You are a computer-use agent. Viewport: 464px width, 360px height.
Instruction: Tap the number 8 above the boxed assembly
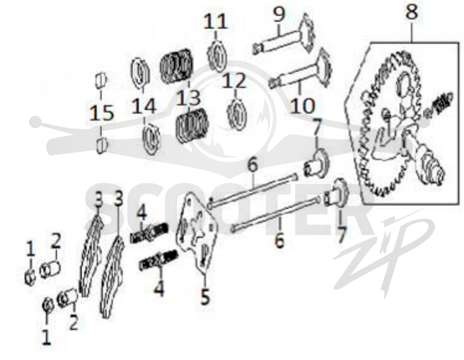(x=412, y=12)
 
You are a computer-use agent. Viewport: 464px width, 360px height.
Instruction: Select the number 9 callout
(x=278, y=15)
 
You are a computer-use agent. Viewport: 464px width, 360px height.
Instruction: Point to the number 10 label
(x=302, y=106)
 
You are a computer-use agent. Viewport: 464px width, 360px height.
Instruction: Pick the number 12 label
(x=234, y=81)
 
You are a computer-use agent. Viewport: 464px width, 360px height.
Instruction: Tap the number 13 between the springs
(x=188, y=97)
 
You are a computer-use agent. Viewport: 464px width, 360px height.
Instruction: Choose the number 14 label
(x=144, y=106)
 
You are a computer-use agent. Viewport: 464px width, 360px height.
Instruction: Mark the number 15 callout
(x=102, y=113)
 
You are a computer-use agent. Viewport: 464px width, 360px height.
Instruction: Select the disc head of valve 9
(x=306, y=32)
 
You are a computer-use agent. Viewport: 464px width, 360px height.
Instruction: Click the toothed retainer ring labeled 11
(x=217, y=56)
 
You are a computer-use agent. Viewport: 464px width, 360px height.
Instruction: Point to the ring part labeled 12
(x=238, y=113)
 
